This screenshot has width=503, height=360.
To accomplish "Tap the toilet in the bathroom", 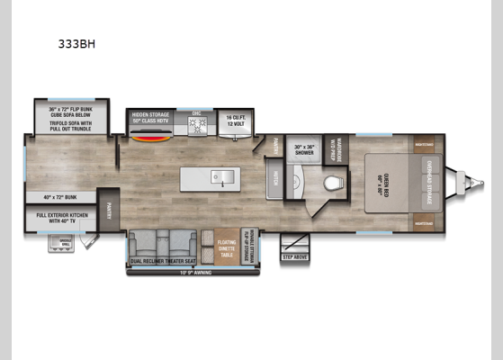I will click(333, 184).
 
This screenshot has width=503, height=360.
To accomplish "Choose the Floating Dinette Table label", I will click(227, 244).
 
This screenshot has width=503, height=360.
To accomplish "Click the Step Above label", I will click(296, 256).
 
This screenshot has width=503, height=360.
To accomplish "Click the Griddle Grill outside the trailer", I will click(61, 243).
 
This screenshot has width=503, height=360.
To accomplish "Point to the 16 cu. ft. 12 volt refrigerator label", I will click(236, 120).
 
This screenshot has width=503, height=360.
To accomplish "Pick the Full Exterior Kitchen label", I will click(65, 218).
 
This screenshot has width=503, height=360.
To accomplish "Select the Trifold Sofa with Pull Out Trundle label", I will click(70, 128).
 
